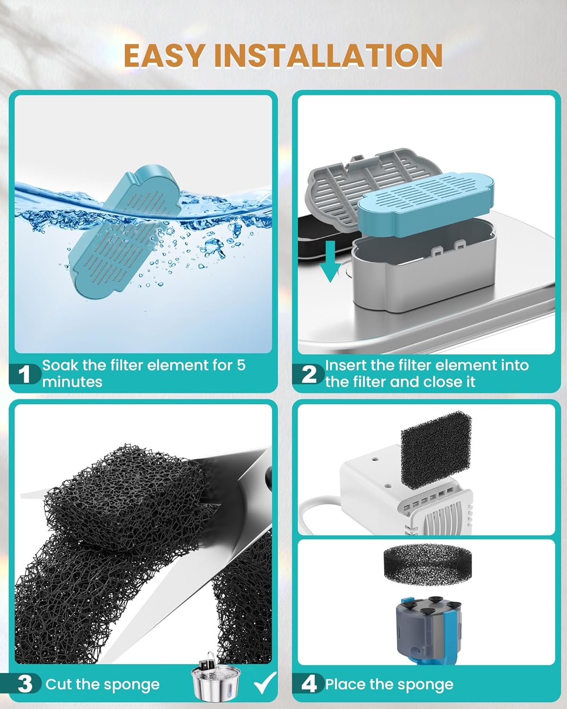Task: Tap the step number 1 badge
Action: click(25, 374)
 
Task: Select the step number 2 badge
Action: click(308, 374)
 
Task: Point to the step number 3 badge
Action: click(25, 684)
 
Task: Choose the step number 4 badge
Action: click(309, 684)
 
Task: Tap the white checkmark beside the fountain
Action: click(266, 683)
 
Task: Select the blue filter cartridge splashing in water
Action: click(125, 232)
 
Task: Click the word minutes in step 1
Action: click(72, 382)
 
